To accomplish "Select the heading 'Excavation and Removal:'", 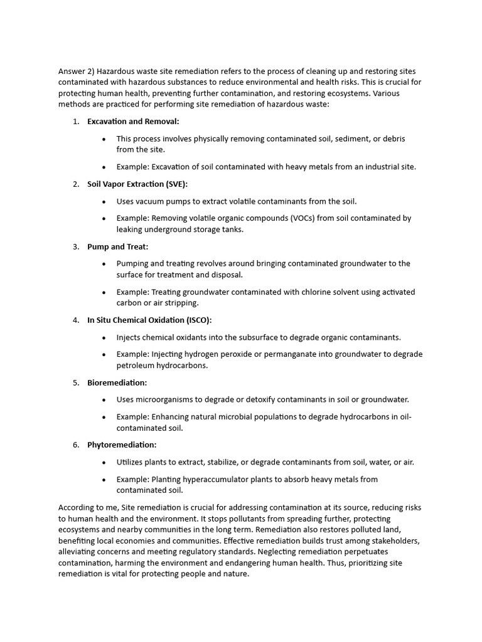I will click(x=133, y=121).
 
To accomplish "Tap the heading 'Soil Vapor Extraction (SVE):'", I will click(x=137, y=184).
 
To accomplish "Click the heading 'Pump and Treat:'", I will click(x=117, y=246).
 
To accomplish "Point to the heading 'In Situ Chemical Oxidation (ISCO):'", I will click(x=149, y=320).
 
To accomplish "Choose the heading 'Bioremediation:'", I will click(x=117, y=382).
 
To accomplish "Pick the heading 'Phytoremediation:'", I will click(x=122, y=445).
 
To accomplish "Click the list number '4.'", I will click(x=75, y=320).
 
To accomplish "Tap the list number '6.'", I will click(x=75, y=445).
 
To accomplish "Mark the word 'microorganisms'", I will click(x=166, y=399).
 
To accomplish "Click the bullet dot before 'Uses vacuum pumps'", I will click(x=104, y=201).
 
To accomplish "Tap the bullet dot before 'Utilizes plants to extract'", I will click(x=104, y=462).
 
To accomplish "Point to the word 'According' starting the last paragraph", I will click(x=78, y=507).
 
